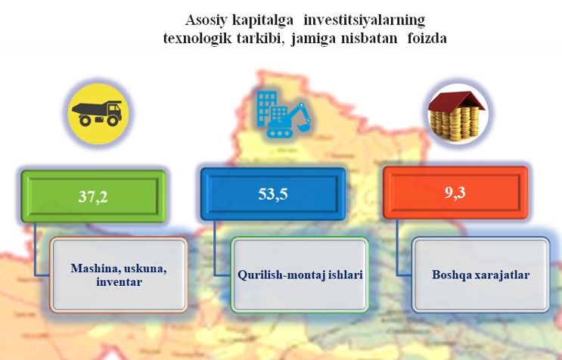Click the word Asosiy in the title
(206, 20)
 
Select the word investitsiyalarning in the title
(364, 20)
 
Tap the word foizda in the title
(427, 38)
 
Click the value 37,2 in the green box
(93, 197)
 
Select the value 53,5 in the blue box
(273, 194)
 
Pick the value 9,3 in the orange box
(455, 192)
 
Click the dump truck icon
(97, 113)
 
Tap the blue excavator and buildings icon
(283, 114)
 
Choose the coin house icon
(457, 116)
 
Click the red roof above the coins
(456, 101)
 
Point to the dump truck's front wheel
(113, 120)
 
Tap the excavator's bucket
(304, 126)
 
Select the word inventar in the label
(119, 282)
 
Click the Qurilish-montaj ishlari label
(300, 275)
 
